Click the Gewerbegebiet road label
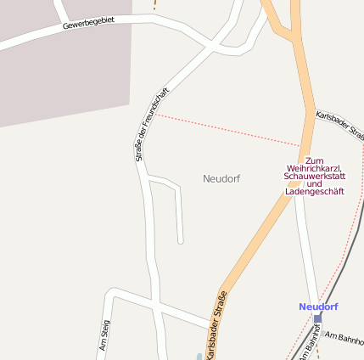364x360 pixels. click(x=88, y=22)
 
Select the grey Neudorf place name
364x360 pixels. click(x=221, y=179)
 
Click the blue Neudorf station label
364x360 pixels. click(x=318, y=307)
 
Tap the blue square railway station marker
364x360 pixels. click(x=318, y=318)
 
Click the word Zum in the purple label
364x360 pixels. click(x=315, y=160)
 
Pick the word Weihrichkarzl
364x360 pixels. click(x=315, y=168)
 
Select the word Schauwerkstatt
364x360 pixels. click(x=315, y=176)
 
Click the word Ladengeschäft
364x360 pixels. click(x=315, y=192)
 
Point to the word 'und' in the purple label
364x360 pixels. click(x=315, y=183)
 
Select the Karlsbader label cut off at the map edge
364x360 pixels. click(x=339, y=126)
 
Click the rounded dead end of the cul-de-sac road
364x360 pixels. click(x=181, y=241)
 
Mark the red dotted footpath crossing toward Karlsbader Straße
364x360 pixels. click(x=229, y=129)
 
